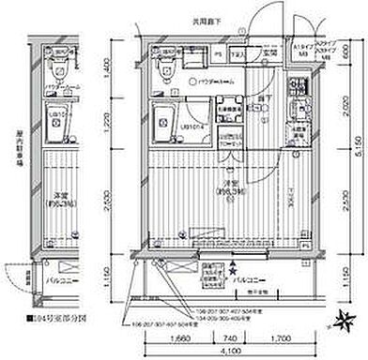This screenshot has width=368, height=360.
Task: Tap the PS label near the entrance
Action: pyautogui.click(x=219, y=53)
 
